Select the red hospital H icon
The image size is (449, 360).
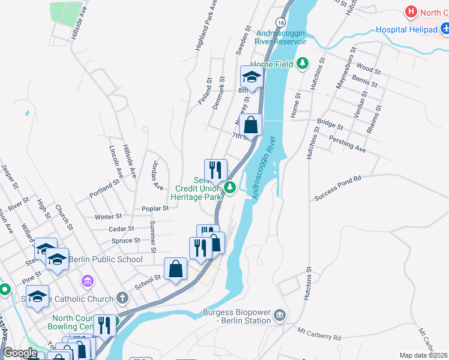[411, 11]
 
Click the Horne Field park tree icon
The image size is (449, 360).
[304, 63]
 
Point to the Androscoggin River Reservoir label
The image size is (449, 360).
[282, 37]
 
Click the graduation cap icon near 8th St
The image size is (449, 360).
[252, 77]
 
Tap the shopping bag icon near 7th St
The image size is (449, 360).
[251, 125]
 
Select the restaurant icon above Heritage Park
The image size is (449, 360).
[215, 170]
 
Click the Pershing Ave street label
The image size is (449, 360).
[348, 143]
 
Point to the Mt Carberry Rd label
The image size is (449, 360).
[319, 334]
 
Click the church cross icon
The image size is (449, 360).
[122, 298]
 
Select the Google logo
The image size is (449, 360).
[20, 353]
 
